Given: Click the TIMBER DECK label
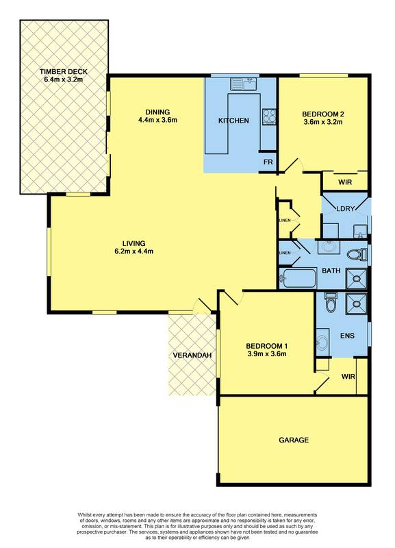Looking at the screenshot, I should (64, 71).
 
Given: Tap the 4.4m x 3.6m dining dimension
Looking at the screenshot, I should (157, 121).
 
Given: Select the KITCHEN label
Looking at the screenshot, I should (233, 121).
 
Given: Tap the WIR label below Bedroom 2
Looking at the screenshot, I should (346, 182).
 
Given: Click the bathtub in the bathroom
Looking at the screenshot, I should (297, 278).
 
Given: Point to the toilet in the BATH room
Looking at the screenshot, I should (357, 255).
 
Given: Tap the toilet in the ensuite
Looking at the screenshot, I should (331, 302).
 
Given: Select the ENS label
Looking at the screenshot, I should (348, 337).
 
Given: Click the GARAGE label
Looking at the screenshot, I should (294, 440).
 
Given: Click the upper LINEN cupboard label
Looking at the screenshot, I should (285, 220).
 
